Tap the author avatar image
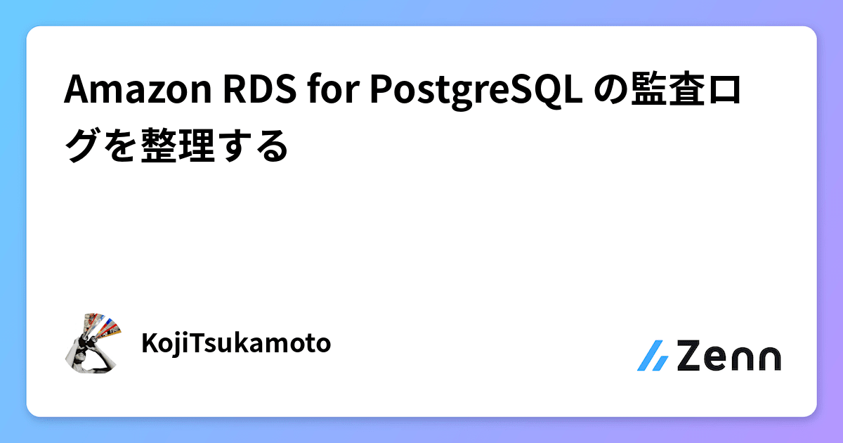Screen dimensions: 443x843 [x=93, y=342]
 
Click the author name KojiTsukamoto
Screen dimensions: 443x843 [x=236, y=344]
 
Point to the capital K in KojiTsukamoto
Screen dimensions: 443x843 [x=149, y=344]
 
